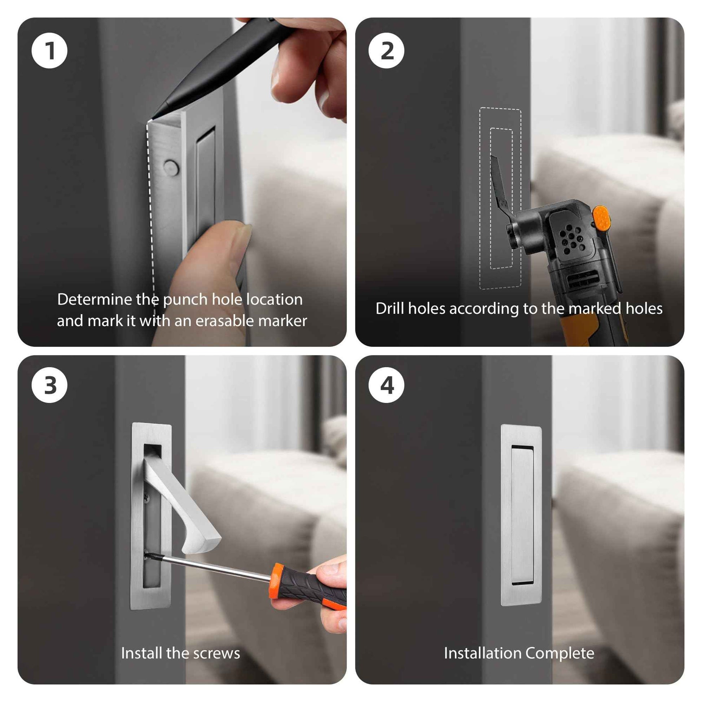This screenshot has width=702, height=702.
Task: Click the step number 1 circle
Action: (x=49, y=51)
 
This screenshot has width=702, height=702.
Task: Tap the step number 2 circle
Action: (x=386, y=51)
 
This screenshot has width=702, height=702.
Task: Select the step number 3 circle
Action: (x=49, y=385)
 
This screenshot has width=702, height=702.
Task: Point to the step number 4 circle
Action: (x=386, y=385)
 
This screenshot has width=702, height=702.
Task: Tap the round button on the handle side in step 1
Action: (x=171, y=168)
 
